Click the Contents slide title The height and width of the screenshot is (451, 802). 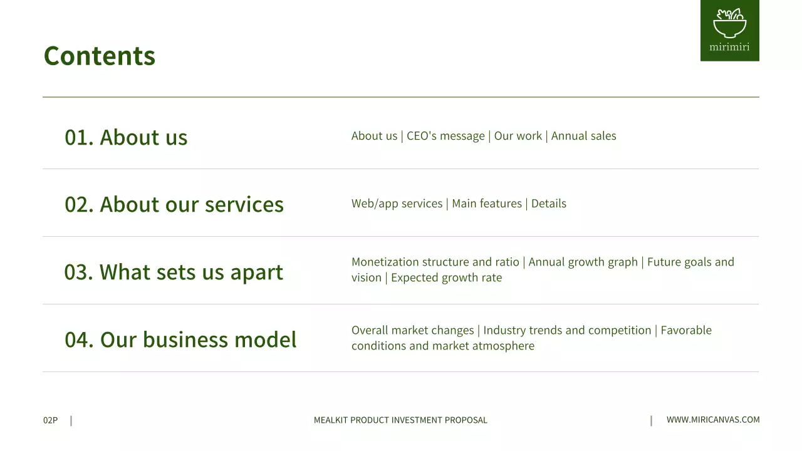coord(99,56)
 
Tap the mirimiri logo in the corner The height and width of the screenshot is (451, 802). coord(729,31)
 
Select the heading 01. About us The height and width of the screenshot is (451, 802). coord(126,137)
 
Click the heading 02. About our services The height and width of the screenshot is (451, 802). coord(174,205)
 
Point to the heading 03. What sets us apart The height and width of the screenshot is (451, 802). coord(174,272)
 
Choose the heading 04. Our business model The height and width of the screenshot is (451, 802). coord(180,340)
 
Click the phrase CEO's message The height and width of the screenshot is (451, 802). coord(445,136)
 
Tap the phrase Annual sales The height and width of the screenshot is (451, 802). coord(583,136)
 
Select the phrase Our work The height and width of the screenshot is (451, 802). coord(518,136)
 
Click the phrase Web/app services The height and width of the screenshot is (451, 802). coord(397,204)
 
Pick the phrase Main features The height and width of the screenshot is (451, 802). coord(487,204)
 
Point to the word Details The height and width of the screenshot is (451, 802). coord(548,204)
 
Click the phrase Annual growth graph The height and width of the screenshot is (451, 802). coord(583,262)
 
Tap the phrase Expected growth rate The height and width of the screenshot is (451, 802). coord(446,277)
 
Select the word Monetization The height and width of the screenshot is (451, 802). coord(385,262)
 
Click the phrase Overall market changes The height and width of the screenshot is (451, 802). coord(412,330)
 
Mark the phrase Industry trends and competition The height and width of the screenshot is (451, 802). coord(567,330)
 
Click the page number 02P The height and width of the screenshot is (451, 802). coord(50,420)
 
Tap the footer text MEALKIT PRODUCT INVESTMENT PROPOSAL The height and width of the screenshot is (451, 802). coord(400,420)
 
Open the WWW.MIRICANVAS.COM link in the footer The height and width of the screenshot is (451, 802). coord(713,420)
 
